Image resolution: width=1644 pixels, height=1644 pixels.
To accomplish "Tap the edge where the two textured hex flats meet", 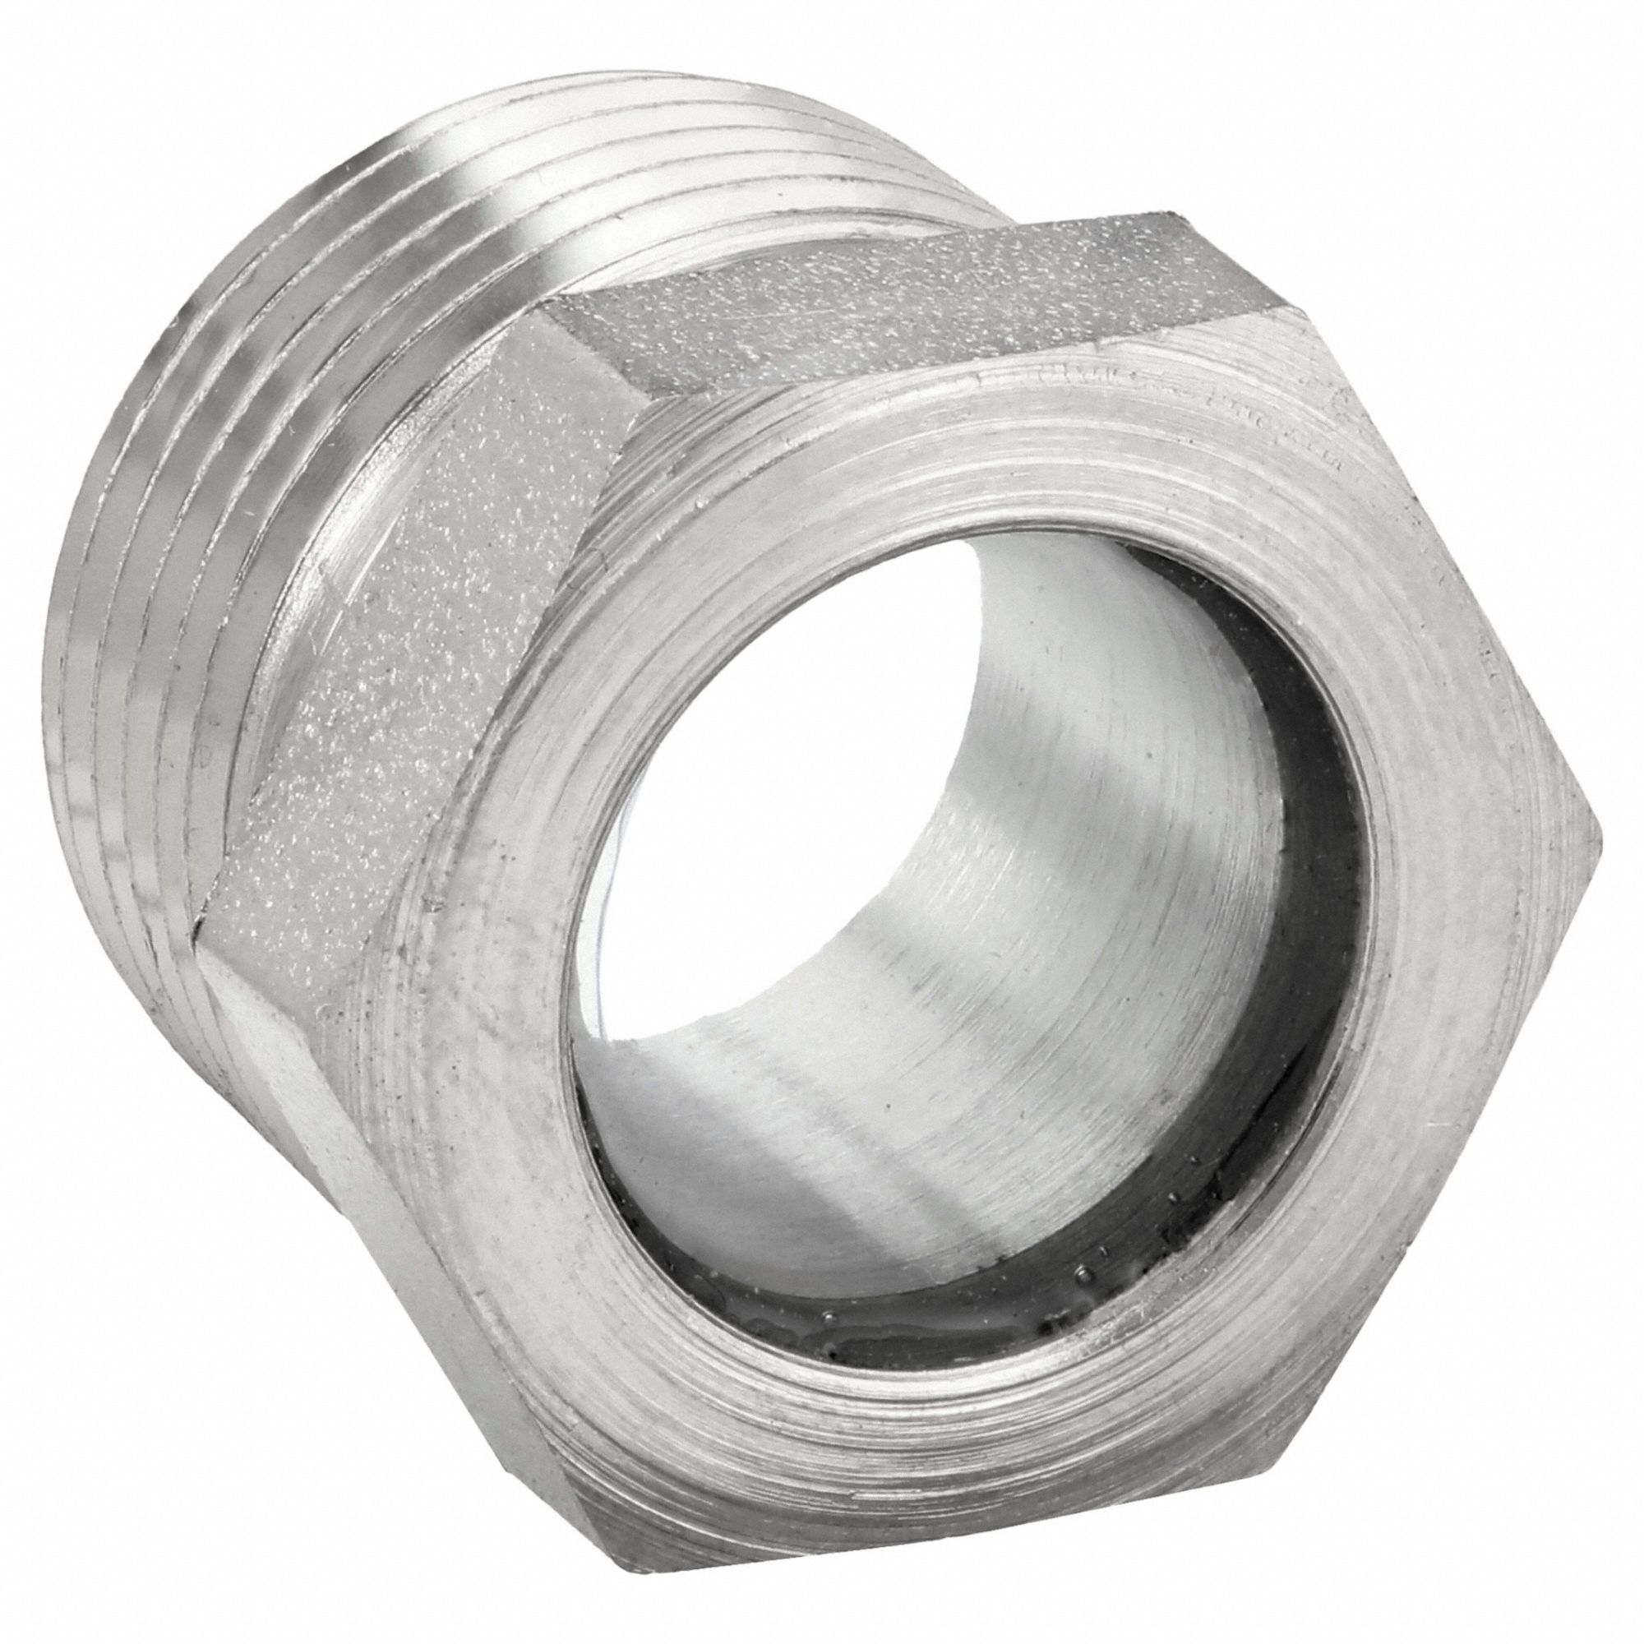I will pyautogui.click(x=596, y=358).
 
